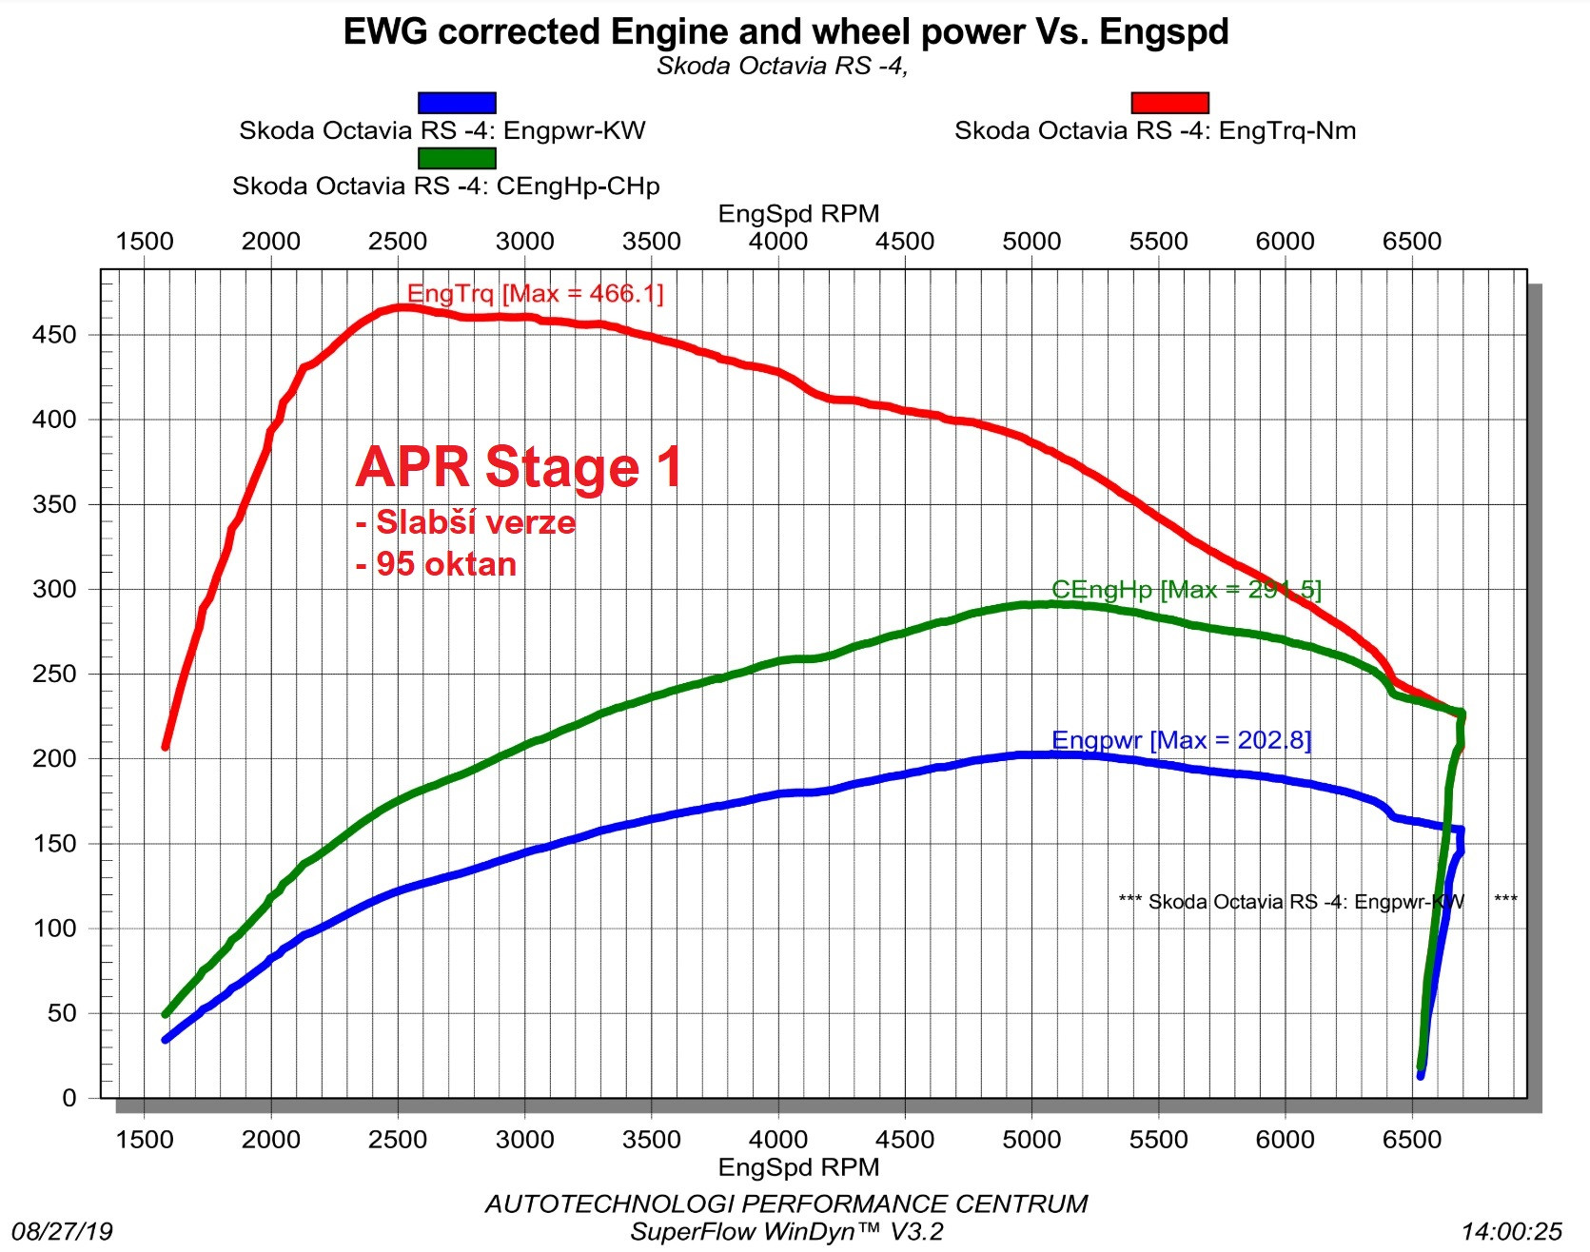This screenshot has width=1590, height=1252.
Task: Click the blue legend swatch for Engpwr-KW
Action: click(457, 103)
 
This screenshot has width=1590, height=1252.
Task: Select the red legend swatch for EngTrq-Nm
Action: click(1169, 103)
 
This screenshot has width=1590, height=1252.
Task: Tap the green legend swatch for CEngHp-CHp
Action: click(457, 158)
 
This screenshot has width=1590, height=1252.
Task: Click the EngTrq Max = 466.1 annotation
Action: click(535, 293)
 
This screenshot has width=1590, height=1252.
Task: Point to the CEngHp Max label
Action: click(1186, 590)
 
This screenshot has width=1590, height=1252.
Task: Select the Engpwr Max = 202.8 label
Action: click(1181, 740)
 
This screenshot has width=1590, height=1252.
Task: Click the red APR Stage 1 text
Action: click(520, 467)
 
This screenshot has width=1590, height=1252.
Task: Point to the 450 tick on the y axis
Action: click(54, 335)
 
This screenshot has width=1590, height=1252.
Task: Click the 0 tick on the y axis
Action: click(69, 1098)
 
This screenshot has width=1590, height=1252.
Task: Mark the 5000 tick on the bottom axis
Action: click(1031, 1140)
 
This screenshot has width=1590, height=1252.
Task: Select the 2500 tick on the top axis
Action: click(398, 242)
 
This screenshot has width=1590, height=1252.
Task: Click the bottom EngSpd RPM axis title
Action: click(798, 1167)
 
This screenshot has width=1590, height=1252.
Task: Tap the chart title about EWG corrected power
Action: click(786, 32)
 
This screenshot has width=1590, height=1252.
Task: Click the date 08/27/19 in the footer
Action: click(62, 1232)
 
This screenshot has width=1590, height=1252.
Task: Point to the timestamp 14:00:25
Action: click(1512, 1232)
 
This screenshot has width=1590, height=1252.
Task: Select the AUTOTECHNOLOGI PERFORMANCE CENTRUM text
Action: click(786, 1204)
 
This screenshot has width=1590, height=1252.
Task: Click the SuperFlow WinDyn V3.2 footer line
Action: click(786, 1232)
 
